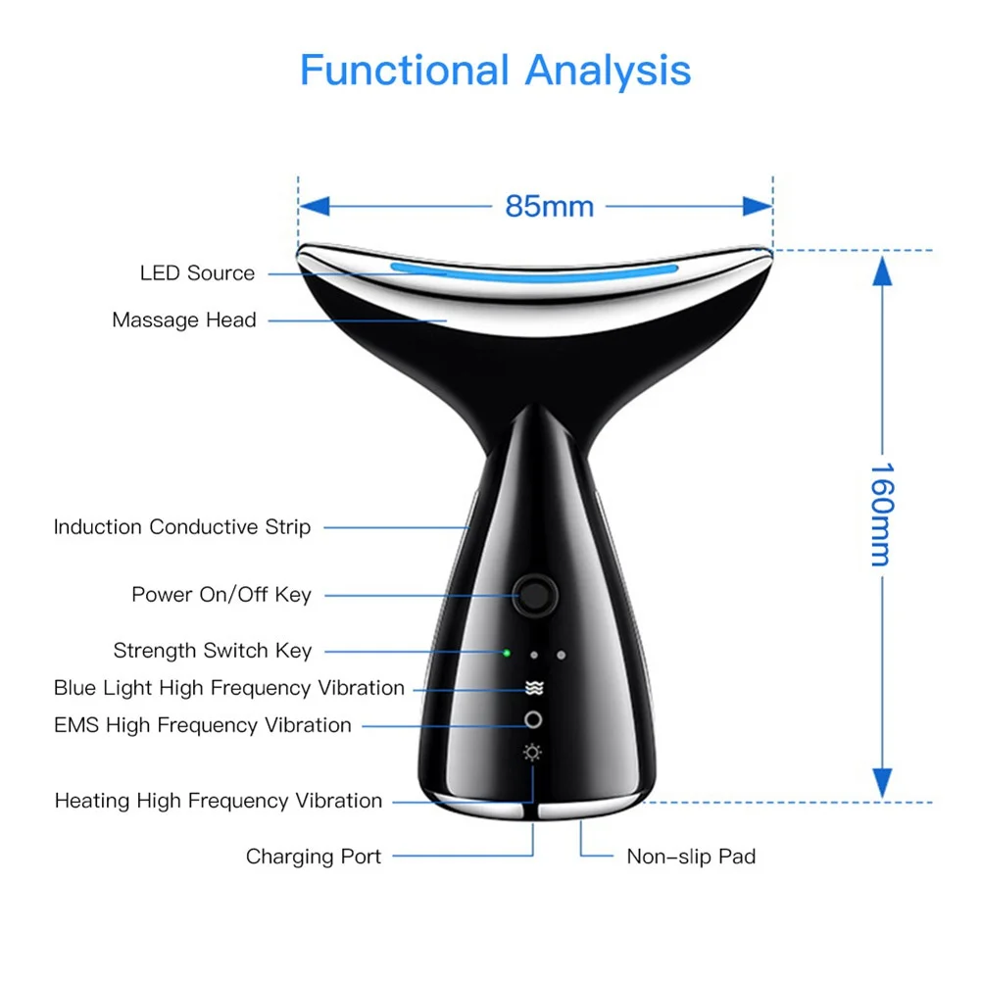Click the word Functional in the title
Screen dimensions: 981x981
tap(404, 72)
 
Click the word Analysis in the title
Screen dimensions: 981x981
tap(608, 72)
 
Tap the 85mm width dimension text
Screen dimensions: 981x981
tap(550, 207)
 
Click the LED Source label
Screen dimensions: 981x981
tap(197, 273)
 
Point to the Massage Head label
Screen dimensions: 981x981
tap(184, 320)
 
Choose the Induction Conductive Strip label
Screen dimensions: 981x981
tap(181, 527)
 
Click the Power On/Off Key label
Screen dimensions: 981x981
tap(221, 595)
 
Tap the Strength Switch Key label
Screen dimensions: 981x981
tap(213, 651)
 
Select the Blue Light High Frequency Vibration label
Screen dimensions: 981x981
tap(229, 688)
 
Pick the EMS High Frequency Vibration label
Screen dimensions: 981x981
tap(203, 725)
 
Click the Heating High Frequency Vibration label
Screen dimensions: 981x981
tap(219, 801)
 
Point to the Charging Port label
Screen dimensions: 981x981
tap(314, 857)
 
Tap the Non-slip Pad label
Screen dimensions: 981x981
tap(691, 857)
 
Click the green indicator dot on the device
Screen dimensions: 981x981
tap(507, 653)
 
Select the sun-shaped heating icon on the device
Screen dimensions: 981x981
tap(533, 753)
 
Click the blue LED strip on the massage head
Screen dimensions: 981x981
tap(534, 270)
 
